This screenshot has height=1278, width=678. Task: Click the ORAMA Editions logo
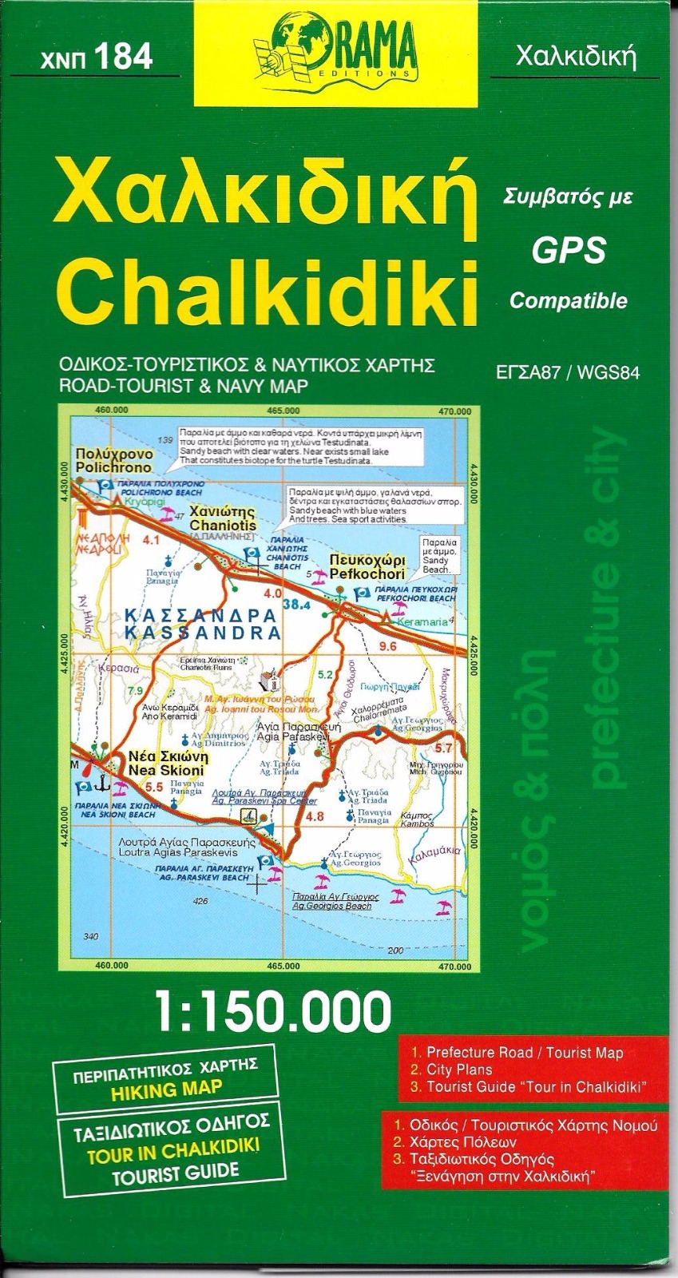339,50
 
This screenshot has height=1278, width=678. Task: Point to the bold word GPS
569,253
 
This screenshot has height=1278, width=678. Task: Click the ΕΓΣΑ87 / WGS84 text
569,371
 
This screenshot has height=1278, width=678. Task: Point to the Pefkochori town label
367,574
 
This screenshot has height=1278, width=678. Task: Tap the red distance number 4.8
315,816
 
